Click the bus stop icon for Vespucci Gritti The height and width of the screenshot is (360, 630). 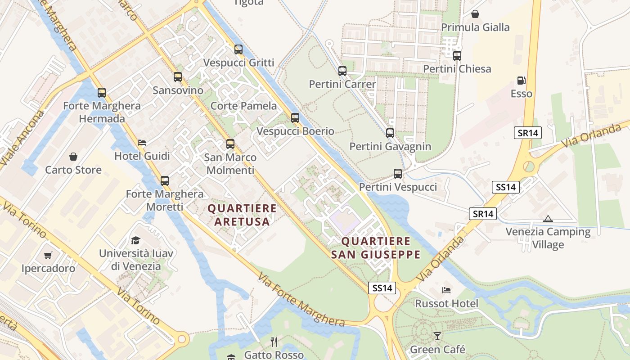click(x=238, y=49)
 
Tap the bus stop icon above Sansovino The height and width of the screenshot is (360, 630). click(x=178, y=77)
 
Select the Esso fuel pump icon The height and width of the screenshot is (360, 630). click(x=522, y=81)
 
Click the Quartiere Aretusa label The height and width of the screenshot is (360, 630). click(x=242, y=215)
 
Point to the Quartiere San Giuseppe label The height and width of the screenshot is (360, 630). click(x=376, y=248)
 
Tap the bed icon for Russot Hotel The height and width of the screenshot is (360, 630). click(x=446, y=290)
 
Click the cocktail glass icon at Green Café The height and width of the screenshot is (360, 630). click(x=437, y=336)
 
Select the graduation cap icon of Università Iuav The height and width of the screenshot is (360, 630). click(x=135, y=240)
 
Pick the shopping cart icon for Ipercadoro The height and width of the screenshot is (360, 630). click(x=48, y=255)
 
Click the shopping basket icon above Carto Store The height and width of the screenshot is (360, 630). click(x=73, y=157)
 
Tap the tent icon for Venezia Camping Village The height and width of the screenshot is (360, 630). click(x=548, y=219)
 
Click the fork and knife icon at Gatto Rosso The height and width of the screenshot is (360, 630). click(x=274, y=342)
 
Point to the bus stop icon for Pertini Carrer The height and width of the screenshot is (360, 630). click(x=342, y=71)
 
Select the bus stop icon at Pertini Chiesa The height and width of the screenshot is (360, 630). click(x=457, y=56)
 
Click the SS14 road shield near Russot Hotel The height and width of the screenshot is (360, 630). click(x=382, y=288)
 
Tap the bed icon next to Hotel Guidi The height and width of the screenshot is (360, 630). click(x=142, y=143)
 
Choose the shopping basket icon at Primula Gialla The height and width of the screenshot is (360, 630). click(x=475, y=14)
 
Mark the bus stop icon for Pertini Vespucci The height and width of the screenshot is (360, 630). click(x=398, y=174)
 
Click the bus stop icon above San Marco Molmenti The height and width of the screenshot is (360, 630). click(x=230, y=144)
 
